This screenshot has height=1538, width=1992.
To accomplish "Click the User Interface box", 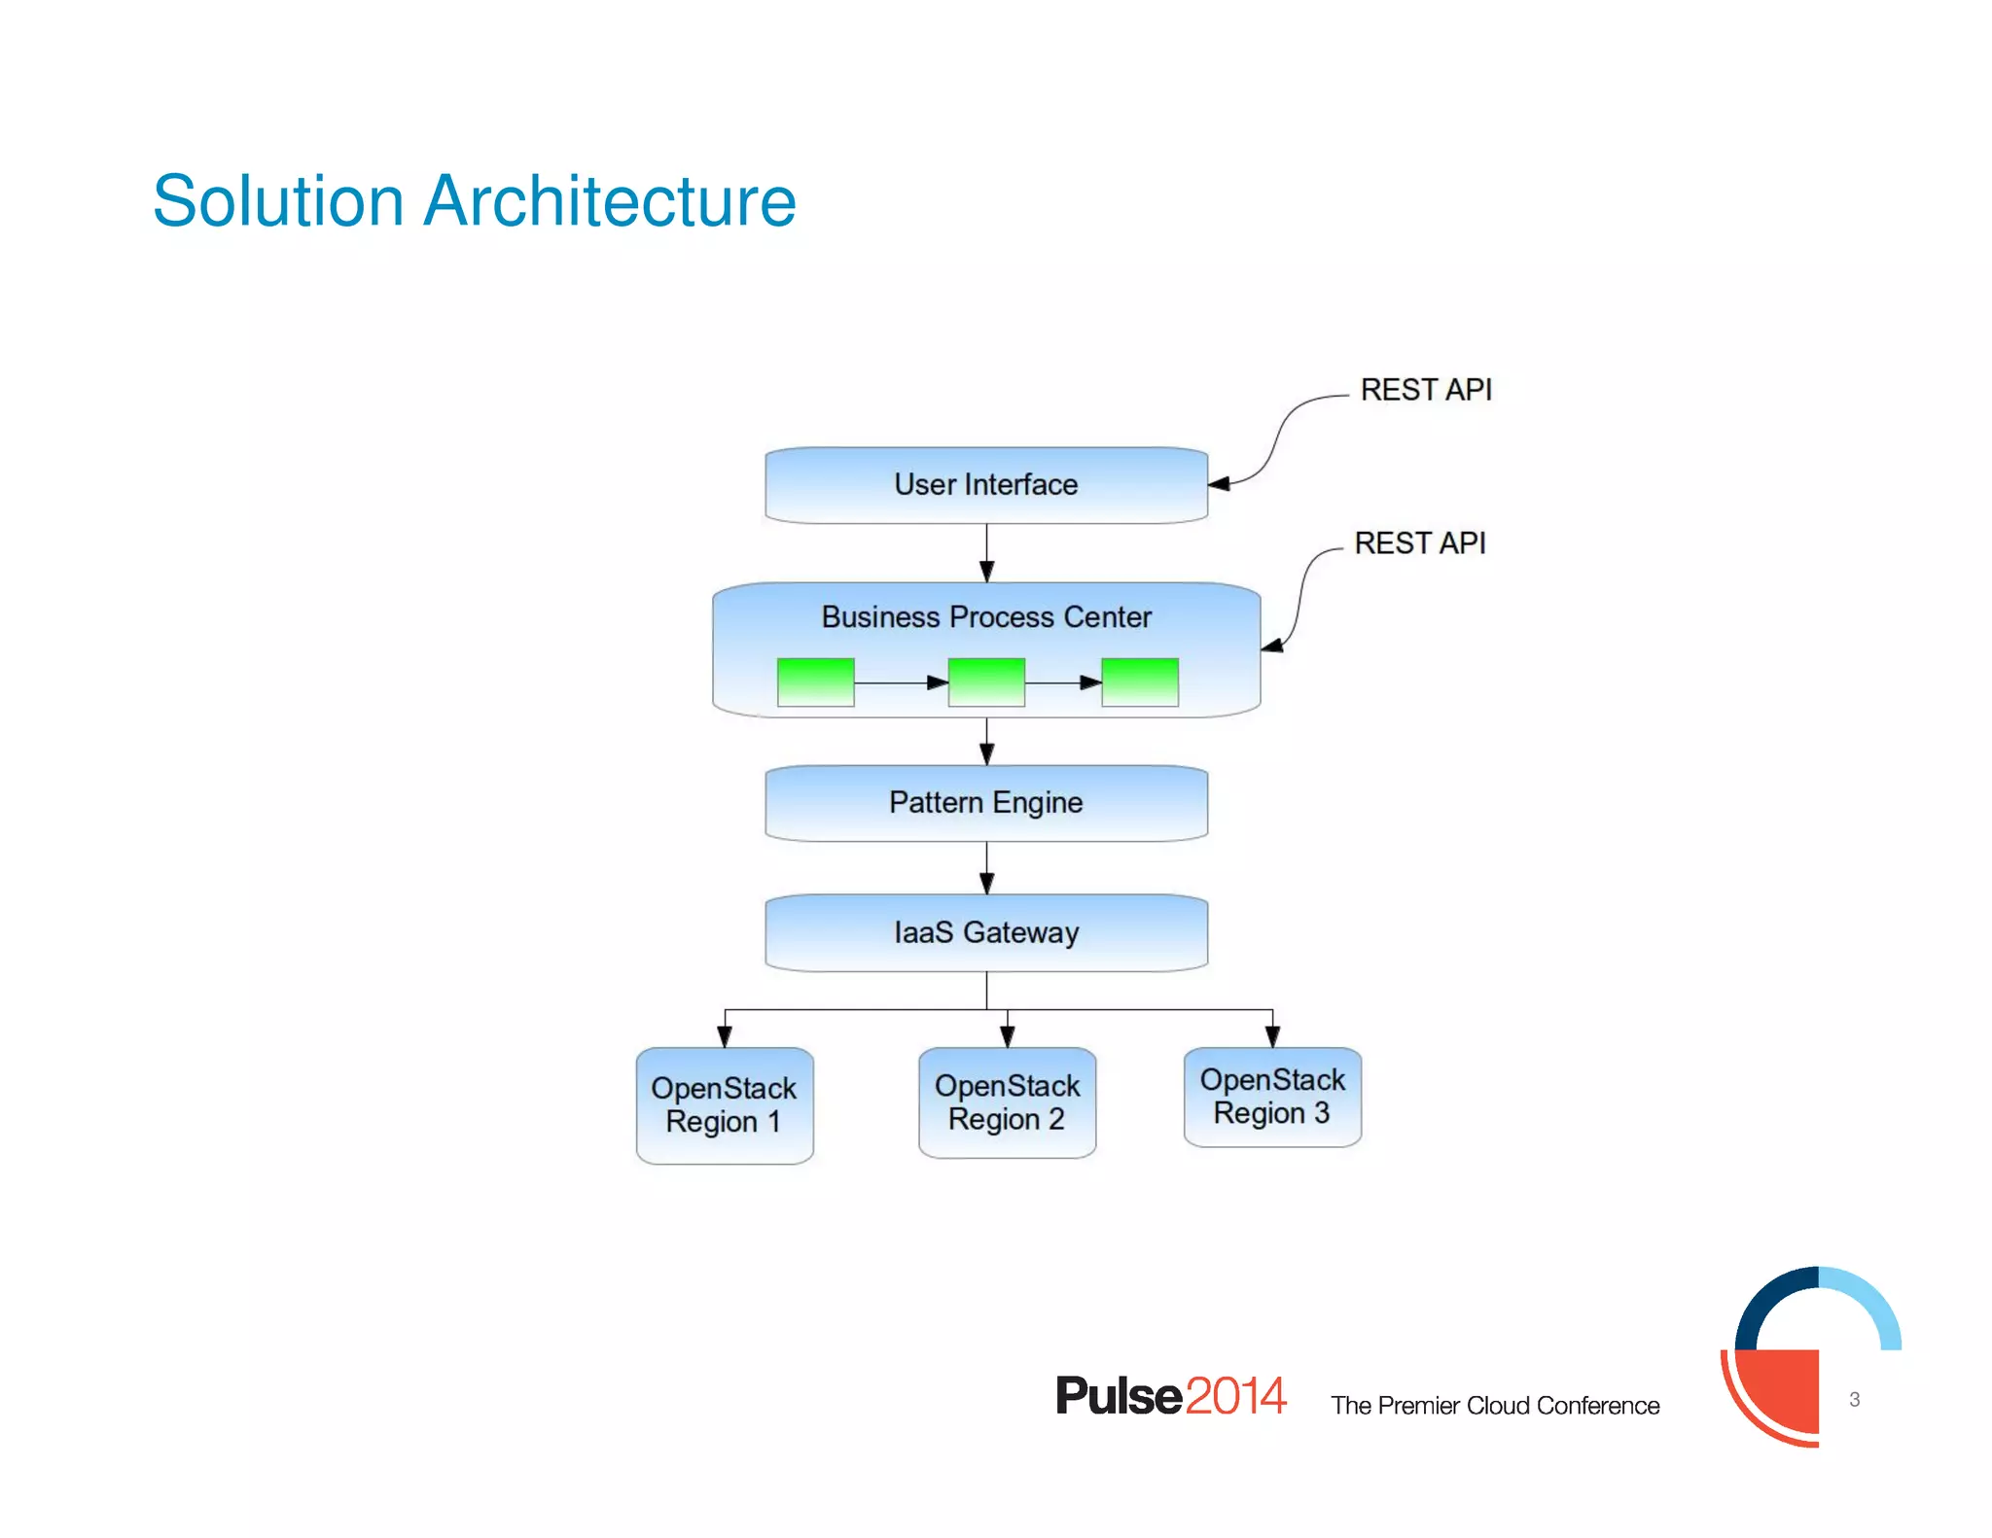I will click(x=985, y=485).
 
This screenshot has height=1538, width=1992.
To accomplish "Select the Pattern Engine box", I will click(x=985, y=803).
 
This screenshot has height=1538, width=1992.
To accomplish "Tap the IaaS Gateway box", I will click(x=985, y=932).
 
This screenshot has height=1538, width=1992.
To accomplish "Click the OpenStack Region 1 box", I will click(x=724, y=1105).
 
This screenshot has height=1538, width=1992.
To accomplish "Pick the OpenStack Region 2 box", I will click(x=1007, y=1102).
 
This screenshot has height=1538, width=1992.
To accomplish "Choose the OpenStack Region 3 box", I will click(x=1272, y=1097).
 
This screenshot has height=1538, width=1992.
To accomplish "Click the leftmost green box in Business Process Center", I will click(x=815, y=682).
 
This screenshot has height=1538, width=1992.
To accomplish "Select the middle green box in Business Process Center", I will click(x=985, y=682).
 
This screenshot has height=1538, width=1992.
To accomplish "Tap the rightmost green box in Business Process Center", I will click(x=1139, y=682).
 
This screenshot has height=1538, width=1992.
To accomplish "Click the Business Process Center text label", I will click(x=985, y=617).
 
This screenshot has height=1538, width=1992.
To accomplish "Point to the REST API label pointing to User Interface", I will click(x=1425, y=390).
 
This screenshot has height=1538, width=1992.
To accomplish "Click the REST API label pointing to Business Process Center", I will click(x=1419, y=543).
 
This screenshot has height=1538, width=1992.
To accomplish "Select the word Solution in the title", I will click(x=277, y=201).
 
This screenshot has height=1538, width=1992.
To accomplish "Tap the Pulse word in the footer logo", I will click(x=1119, y=1396).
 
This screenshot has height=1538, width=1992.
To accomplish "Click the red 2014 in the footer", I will click(x=1235, y=1396).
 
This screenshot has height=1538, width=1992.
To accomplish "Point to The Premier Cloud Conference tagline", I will click(x=1494, y=1406).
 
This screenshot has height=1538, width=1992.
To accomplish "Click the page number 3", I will click(x=1854, y=1400).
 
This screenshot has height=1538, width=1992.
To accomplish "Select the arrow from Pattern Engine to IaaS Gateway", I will click(x=986, y=867).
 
